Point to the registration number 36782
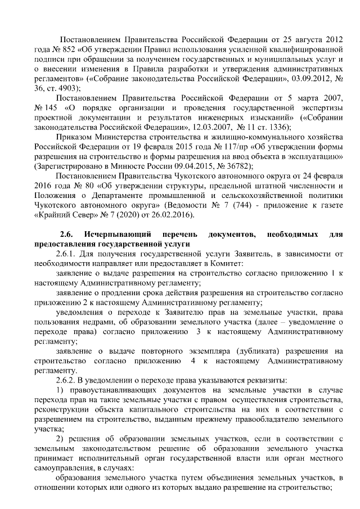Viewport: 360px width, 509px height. [x=238, y=167]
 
